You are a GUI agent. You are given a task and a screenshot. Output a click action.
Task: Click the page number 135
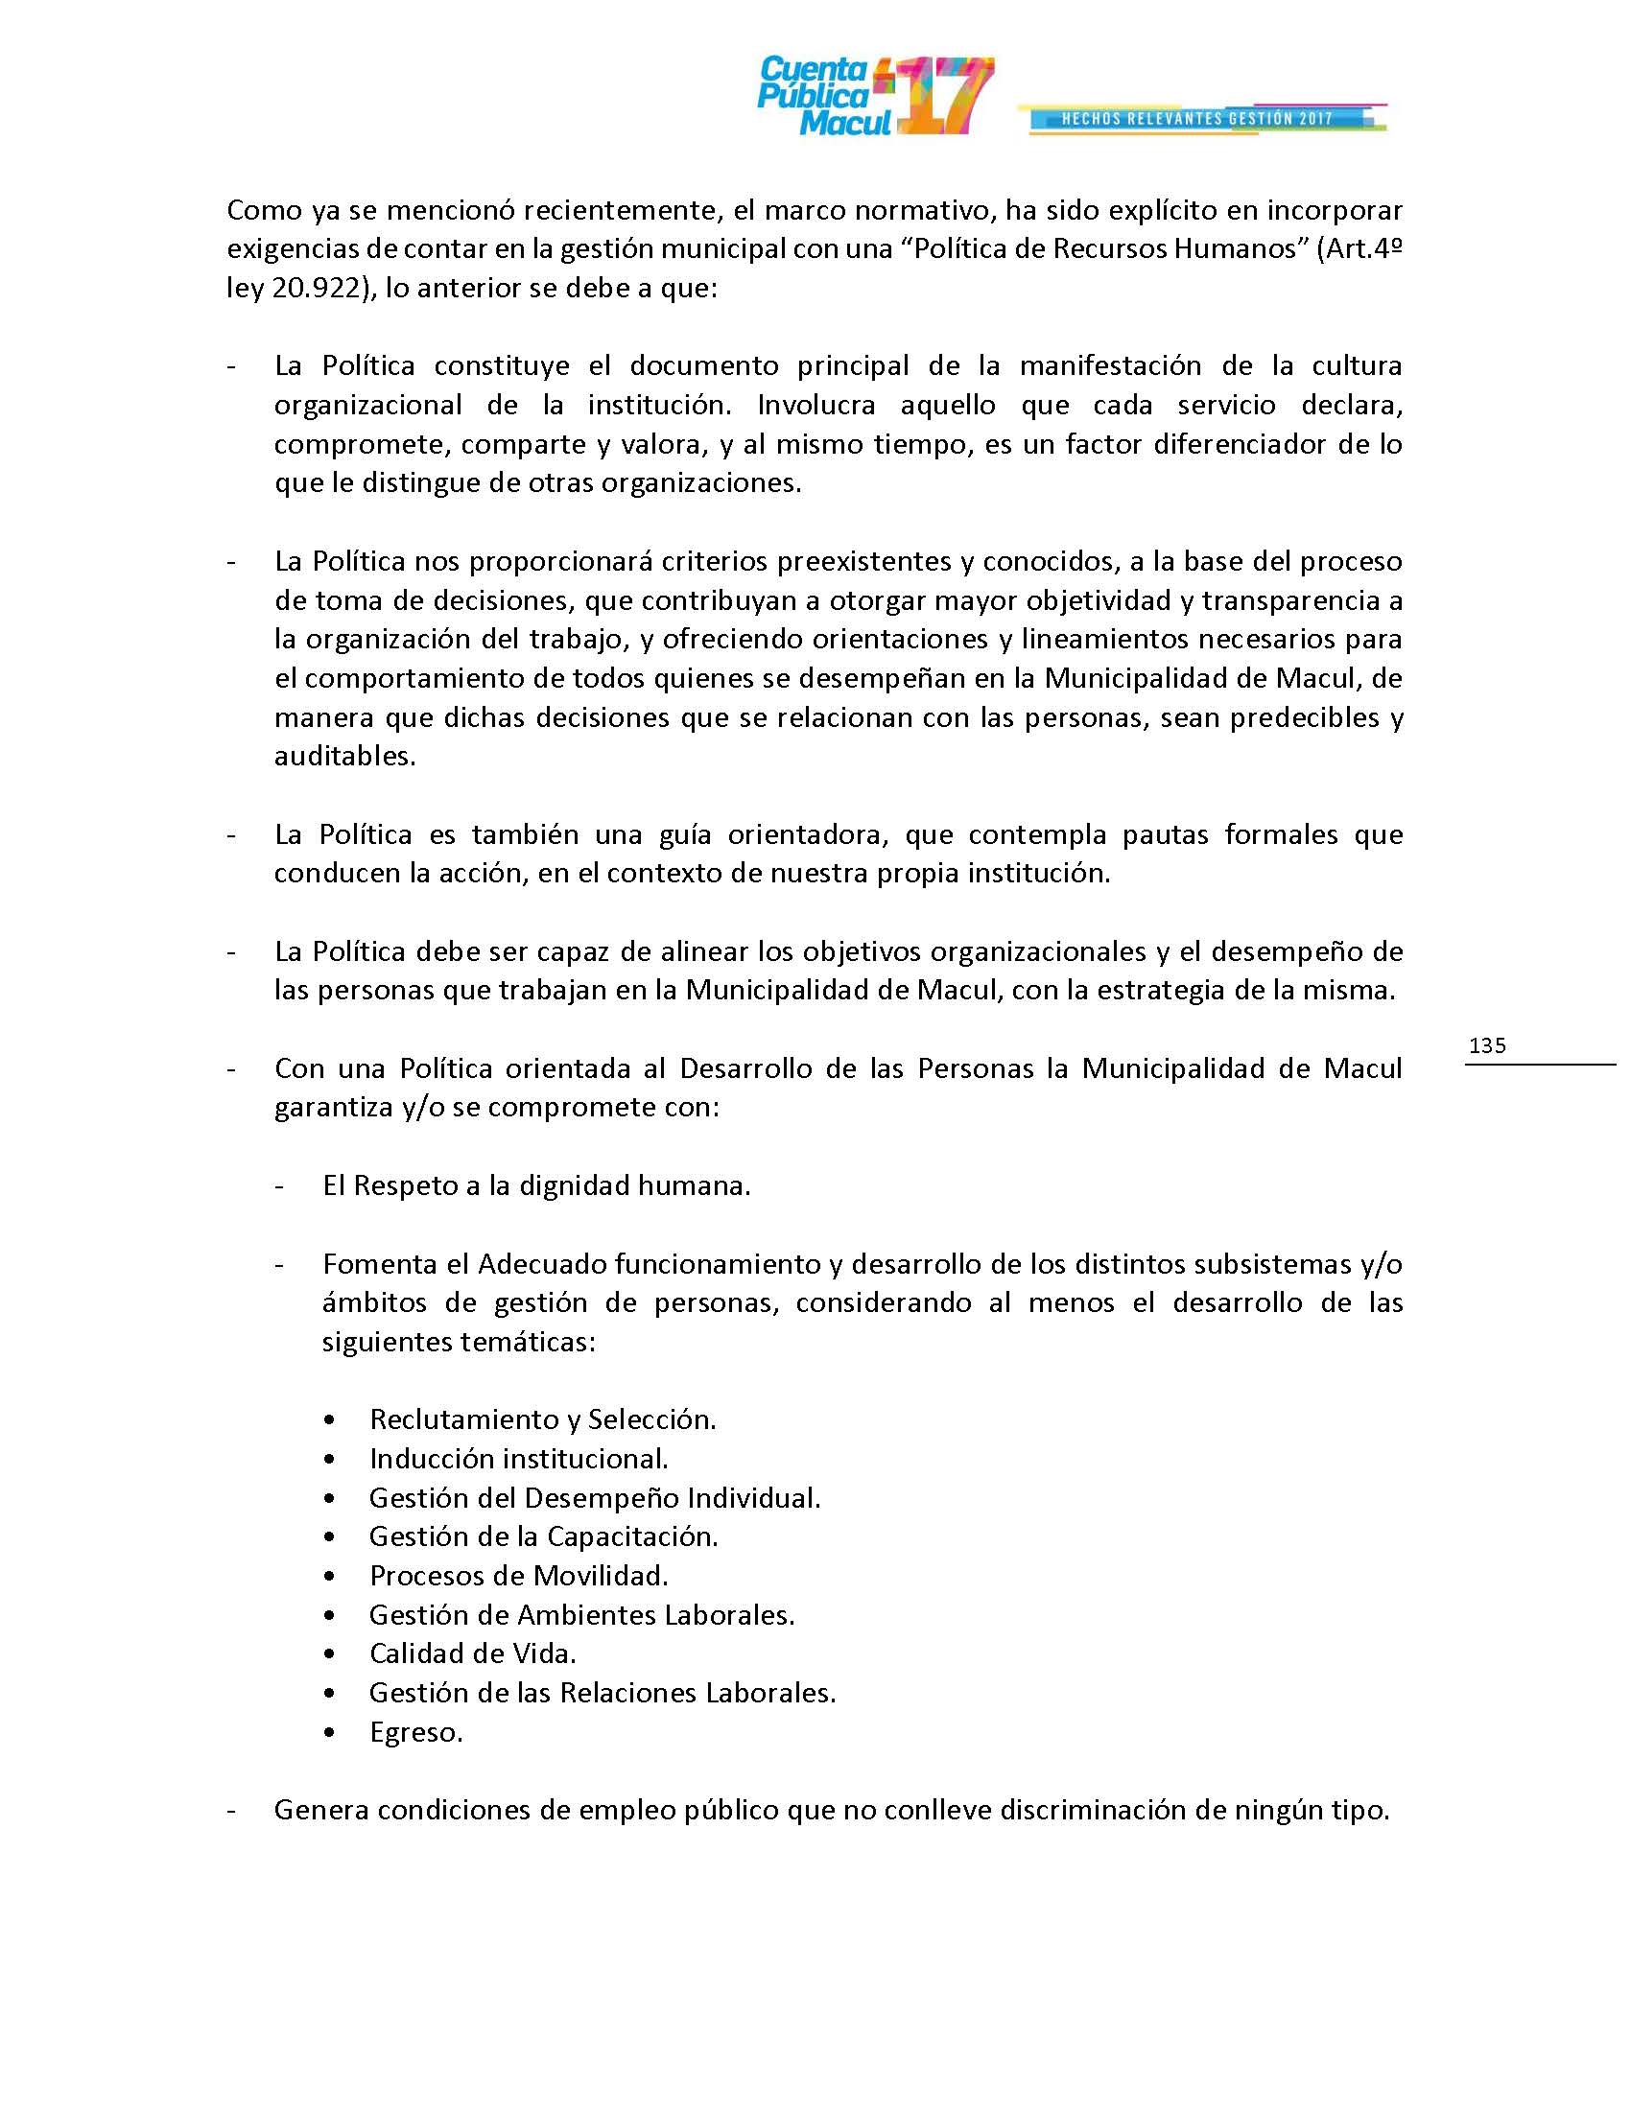[1486, 1045]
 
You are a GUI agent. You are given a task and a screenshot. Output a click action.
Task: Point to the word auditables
[344, 756]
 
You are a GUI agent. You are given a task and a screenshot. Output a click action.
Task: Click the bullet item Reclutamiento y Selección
[542, 1419]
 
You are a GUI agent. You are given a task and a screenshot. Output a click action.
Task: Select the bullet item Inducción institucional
[518, 1459]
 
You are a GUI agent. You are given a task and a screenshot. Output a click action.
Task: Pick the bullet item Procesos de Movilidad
[518, 1576]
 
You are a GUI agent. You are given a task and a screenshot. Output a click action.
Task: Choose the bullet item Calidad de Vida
[472, 1654]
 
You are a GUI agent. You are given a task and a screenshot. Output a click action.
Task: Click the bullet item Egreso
[415, 1732]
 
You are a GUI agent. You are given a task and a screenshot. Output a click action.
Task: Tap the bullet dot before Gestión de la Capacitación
[331, 1537]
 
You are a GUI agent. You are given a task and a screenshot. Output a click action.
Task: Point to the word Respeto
[405, 1185]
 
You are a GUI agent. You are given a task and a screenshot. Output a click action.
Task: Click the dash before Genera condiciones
[232, 1810]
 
